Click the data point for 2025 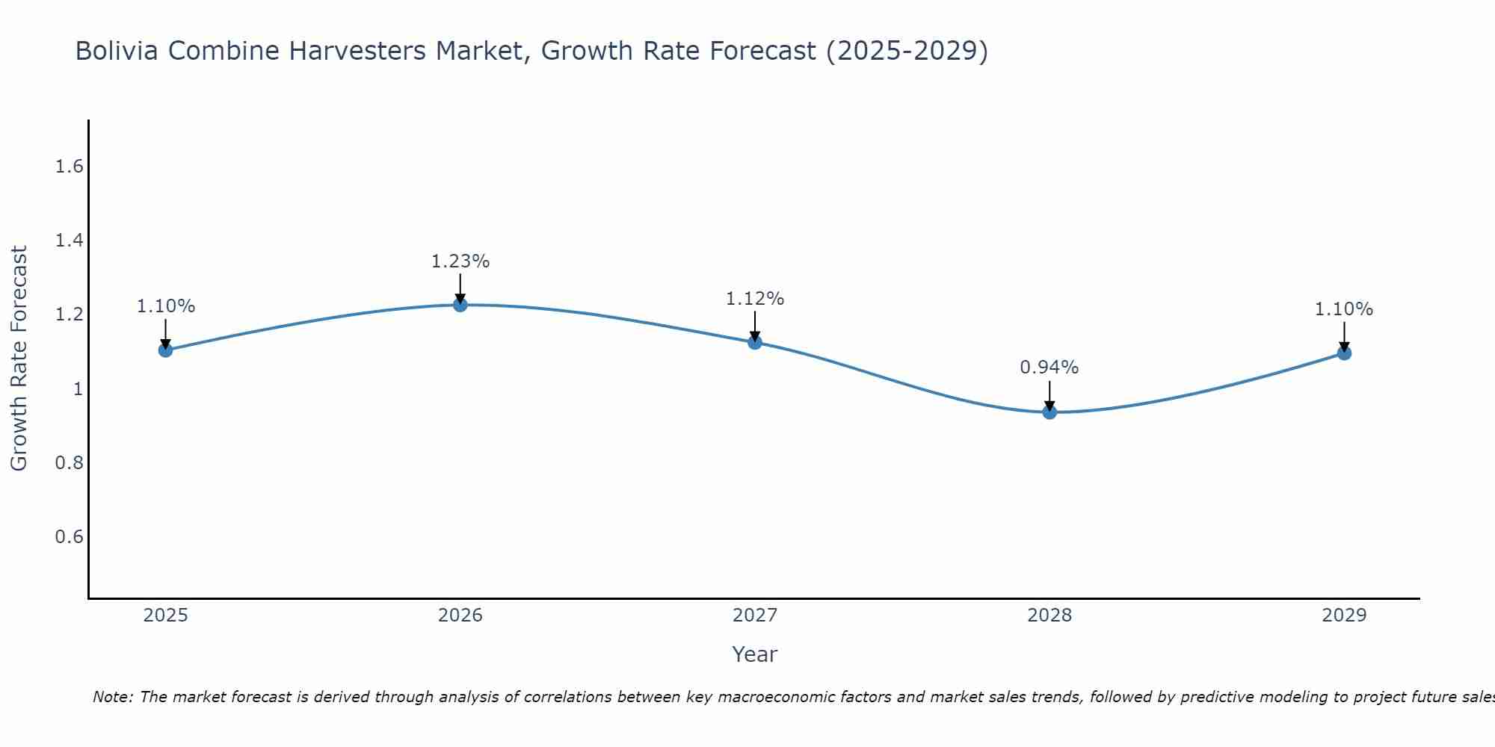pos(165,350)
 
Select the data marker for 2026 pos(460,305)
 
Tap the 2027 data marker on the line pos(755,342)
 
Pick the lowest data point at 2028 pos(1049,412)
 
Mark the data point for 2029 pos(1344,353)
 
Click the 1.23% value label pos(460,261)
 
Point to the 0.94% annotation pos(1049,368)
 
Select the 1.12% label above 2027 pos(755,299)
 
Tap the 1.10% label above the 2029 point pos(1344,309)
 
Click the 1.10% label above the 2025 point pos(165,306)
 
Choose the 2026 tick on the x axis pos(460,616)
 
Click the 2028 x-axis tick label pos(1049,616)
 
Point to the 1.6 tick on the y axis pos(69,167)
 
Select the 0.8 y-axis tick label pos(69,463)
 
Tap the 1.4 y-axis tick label pos(69,241)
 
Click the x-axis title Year pos(754,654)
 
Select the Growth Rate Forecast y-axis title pos(19,359)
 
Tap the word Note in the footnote pos(111,697)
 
